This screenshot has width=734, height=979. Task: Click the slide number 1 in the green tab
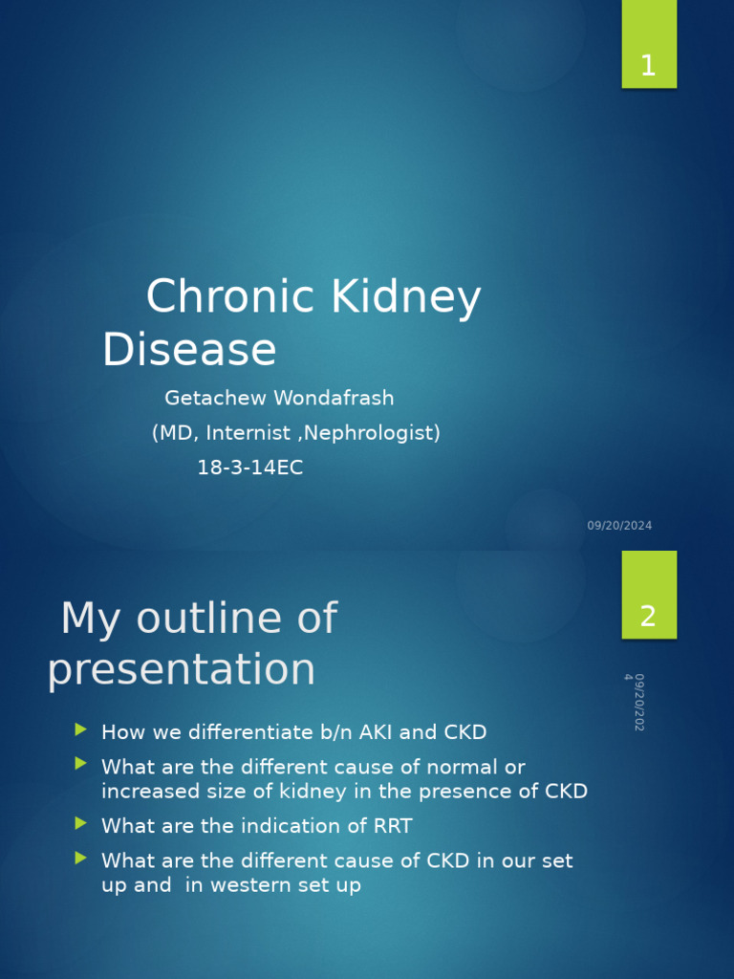point(648,67)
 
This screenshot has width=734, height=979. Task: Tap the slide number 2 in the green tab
point(648,617)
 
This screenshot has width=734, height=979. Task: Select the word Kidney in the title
point(405,297)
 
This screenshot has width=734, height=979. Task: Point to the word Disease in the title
point(189,349)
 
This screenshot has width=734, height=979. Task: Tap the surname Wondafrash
point(334,398)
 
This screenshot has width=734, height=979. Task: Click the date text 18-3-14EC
point(249,468)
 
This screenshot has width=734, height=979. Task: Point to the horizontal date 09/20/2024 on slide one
point(619,526)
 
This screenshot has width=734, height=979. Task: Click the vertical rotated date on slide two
point(635,702)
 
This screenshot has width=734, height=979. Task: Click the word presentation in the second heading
point(182,669)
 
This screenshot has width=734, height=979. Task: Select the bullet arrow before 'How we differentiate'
point(80,730)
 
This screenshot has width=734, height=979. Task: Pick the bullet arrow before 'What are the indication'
point(80,823)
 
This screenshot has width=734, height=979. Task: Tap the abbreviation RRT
point(391,826)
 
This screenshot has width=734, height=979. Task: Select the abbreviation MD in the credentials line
point(176,433)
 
